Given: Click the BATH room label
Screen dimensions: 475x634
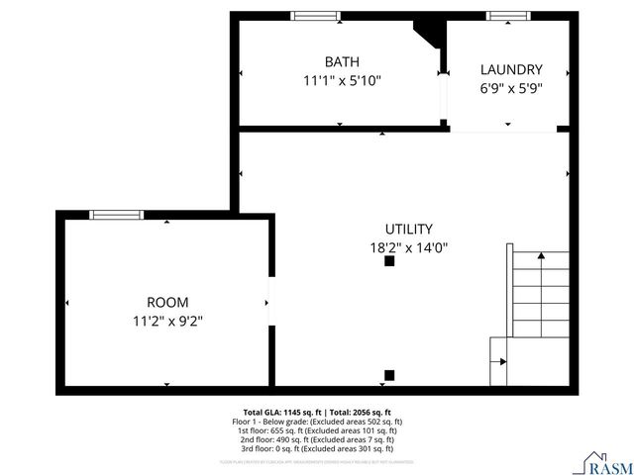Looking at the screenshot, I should click(x=342, y=61).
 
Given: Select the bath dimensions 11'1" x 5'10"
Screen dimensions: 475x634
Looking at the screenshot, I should click(x=342, y=80).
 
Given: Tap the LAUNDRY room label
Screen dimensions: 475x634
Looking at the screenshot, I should click(x=511, y=69).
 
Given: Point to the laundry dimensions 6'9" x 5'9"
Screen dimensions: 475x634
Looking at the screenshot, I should click(x=511, y=87).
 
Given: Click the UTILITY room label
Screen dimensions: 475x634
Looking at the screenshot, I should click(x=408, y=229).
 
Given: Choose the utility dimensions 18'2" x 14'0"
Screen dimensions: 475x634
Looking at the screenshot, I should click(x=408, y=247).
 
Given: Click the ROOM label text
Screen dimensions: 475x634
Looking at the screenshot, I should click(x=167, y=302).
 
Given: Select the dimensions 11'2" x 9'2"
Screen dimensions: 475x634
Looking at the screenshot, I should click(x=167, y=320).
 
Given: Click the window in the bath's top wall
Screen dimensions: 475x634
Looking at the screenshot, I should click(x=315, y=16).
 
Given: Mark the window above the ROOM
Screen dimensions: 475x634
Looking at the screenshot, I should click(x=116, y=215).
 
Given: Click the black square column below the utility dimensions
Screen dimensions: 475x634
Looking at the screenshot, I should click(x=389, y=262).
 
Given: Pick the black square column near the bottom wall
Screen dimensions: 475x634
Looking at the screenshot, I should click(x=389, y=375).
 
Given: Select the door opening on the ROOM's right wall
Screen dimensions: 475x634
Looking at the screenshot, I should click(x=269, y=301).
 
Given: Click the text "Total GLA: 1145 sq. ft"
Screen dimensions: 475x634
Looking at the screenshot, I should click(x=279, y=412).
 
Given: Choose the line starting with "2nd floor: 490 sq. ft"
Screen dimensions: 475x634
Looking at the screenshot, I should click(x=315, y=439).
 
